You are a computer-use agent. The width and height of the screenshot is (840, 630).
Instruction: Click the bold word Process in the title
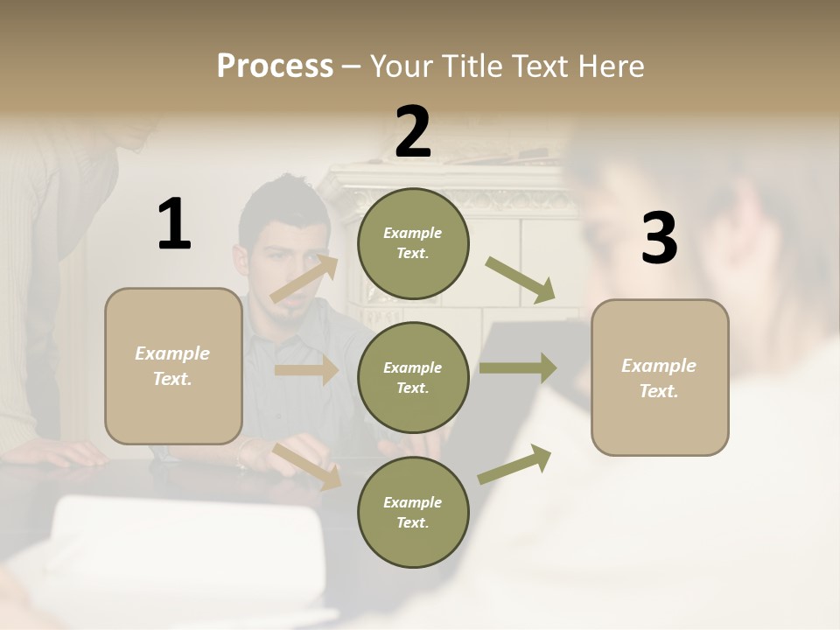275,66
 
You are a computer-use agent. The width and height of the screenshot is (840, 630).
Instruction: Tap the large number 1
174,225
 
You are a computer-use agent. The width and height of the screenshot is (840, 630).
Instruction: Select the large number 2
413,132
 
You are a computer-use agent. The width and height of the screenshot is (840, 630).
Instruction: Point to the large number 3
659,239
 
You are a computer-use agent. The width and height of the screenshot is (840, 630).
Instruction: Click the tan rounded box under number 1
173,366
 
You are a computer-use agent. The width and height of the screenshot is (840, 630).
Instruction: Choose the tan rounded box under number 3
660,377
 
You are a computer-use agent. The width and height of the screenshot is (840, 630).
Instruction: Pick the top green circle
413,243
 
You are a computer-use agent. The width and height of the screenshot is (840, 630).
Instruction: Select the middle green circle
413,377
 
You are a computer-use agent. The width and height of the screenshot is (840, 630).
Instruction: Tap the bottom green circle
413,512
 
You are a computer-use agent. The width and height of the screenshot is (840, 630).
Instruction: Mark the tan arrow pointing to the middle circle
305,370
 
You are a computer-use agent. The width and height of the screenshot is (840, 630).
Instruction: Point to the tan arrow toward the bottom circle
307,465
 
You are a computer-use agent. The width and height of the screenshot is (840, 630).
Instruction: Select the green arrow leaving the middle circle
517,367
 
